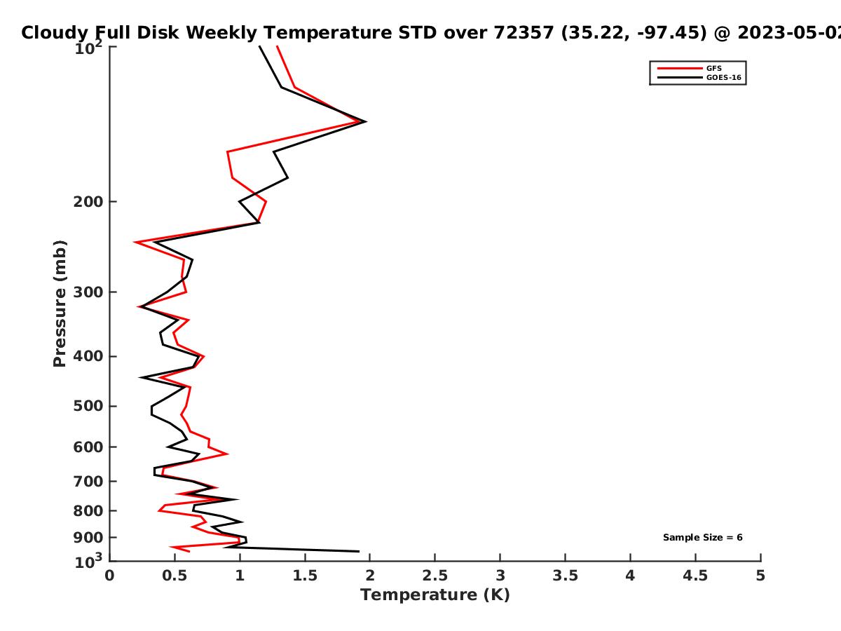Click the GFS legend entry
tap(690, 68)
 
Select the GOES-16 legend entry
tap(699, 77)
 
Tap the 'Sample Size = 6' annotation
tap(703, 537)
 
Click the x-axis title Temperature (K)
tap(435, 595)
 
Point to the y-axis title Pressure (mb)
tap(60, 304)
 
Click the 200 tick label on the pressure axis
tap(88, 201)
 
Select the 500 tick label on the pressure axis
tap(88, 406)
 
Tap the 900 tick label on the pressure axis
tap(88, 538)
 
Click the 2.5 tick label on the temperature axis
tap(435, 576)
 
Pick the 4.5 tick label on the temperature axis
tap(695, 576)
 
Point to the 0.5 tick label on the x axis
tap(175, 576)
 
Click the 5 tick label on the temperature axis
tap(760, 576)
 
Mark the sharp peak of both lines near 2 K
tap(366, 122)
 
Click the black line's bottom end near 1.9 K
tap(359, 551)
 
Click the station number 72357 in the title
tap(524, 32)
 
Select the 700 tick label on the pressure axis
tap(88, 481)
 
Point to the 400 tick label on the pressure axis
tap(88, 356)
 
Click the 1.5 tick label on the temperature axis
tap(305, 576)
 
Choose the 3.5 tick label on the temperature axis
tap(565, 576)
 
